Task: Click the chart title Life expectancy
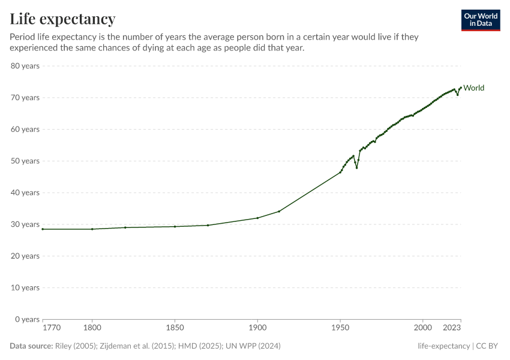click(62, 19)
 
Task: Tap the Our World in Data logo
click(480, 20)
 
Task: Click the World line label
click(473, 88)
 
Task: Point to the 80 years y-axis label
click(25, 65)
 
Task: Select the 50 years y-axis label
click(25, 161)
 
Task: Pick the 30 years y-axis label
click(25, 224)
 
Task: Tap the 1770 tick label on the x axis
click(52, 328)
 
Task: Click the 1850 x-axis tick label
click(175, 328)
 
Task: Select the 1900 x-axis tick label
click(257, 328)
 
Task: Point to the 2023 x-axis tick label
click(451, 328)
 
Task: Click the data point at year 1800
click(92, 229)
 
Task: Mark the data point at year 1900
click(257, 218)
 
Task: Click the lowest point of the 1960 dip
click(356, 167)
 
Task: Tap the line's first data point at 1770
click(43, 229)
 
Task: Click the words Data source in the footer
click(31, 346)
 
